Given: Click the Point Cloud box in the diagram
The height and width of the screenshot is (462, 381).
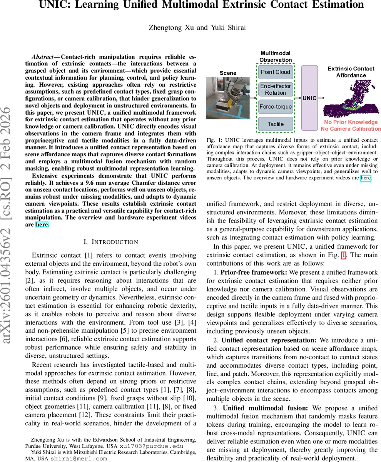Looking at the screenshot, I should [276, 72].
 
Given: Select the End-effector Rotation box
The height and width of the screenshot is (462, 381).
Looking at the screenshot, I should [276, 89].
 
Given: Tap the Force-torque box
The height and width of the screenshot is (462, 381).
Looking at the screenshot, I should [276, 107].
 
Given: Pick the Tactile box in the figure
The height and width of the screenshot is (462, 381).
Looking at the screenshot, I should [276, 124].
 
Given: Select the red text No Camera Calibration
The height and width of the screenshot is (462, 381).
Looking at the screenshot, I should [351, 129].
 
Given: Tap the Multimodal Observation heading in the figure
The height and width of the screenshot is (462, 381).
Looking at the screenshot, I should [276, 57].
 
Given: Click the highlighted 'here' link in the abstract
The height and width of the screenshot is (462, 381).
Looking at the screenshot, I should [42, 224].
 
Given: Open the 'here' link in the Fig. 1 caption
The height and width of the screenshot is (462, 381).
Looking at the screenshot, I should [366, 178].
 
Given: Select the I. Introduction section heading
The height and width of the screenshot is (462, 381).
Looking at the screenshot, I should [110, 242].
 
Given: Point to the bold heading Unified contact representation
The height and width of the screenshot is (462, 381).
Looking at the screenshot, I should [269, 340].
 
